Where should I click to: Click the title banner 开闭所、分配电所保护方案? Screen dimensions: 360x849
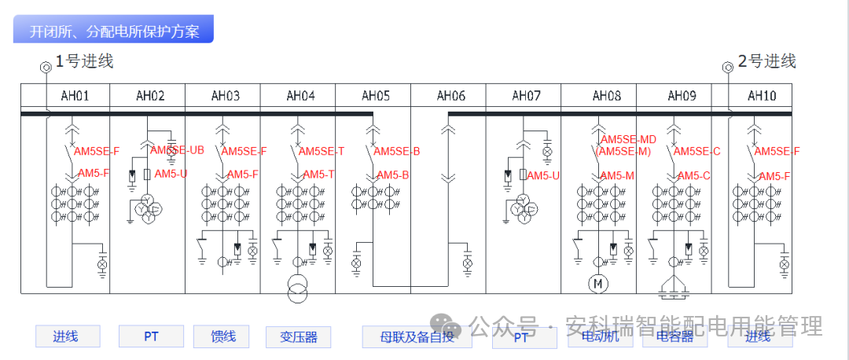tap(113, 31)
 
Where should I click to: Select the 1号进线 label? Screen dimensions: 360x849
tap(84, 61)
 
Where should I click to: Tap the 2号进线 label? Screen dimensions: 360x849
tap(766, 61)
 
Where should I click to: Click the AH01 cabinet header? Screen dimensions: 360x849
tap(75, 96)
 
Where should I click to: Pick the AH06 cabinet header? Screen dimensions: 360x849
tap(450, 96)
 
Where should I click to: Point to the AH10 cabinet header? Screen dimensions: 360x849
tap(761, 96)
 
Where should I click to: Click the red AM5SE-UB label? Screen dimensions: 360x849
tap(178, 149)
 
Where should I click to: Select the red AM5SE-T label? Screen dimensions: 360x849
tap(322, 151)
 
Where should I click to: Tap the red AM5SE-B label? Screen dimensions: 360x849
tap(397, 151)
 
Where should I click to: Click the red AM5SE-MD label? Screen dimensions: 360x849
tap(628, 140)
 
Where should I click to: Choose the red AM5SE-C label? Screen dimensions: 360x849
tap(697, 151)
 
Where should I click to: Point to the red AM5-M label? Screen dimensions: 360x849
tap(617, 175)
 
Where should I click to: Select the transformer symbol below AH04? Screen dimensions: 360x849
tap(297, 288)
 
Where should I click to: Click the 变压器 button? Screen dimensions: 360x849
tap(298, 336)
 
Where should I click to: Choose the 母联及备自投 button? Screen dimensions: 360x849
tap(417, 336)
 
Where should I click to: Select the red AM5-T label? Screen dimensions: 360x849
tap(319, 174)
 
